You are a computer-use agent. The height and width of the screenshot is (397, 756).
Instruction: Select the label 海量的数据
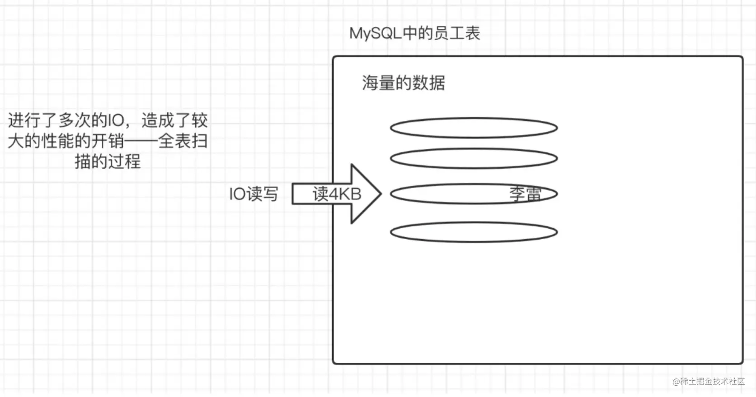tap(404, 83)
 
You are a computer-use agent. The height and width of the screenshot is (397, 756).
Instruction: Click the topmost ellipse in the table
tap(474, 118)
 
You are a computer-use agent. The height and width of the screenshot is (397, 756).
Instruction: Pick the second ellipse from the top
tap(474, 148)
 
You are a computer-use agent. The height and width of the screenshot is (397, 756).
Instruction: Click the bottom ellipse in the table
tap(474, 222)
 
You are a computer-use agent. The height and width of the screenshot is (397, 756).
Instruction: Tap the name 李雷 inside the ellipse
tap(525, 194)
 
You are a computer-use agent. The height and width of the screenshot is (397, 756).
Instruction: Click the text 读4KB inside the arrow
tap(337, 194)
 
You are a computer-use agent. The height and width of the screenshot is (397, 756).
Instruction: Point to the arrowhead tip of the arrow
tap(381, 194)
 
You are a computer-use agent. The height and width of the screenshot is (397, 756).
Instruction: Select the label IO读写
tap(254, 194)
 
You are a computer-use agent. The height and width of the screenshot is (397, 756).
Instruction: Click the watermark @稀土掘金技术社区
tap(709, 381)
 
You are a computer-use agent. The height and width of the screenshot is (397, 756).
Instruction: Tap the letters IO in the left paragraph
tap(115, 120)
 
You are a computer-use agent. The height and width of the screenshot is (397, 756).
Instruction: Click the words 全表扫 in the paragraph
tap(183, 141)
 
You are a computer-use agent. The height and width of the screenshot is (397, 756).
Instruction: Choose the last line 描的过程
tap(108, 162)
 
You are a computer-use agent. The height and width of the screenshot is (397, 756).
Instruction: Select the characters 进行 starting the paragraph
tap(24, 120)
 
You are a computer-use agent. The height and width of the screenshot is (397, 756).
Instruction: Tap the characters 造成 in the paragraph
tap(158, 120)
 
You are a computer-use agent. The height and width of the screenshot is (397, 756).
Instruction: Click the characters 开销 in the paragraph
tap(108, 141)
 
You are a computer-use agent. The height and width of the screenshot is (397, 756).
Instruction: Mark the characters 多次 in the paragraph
tap(74, 120)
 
